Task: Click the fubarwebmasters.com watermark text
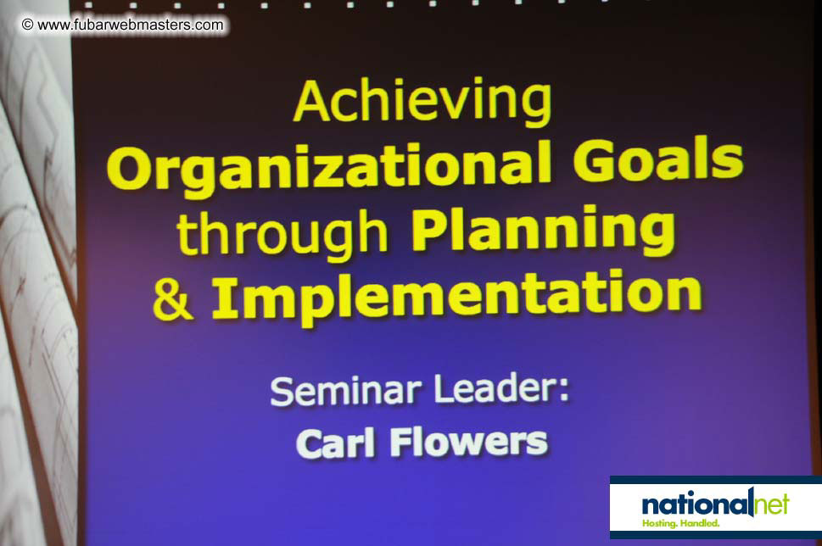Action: pyautogui.click(x=131, y=25)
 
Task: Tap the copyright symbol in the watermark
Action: pyautogui.click(x=27, y=25)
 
